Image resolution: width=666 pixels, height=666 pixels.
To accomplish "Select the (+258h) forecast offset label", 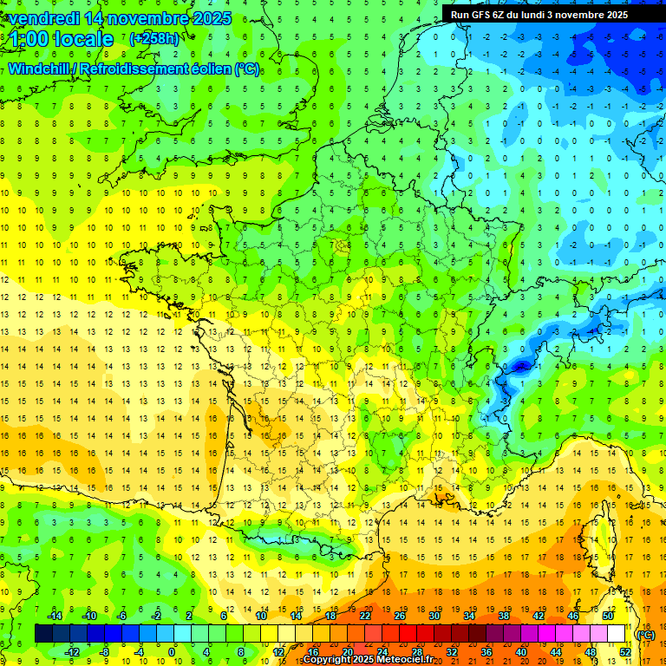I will pyautogui.click(x=154, y=39).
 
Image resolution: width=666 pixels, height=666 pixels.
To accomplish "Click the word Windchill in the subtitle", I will pyautogui.click(x=40, y=69).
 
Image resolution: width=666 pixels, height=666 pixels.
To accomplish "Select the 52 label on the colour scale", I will pyautogui.click(x=625, y=651).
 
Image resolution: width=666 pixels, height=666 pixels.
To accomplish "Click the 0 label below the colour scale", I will pyautogui.click(x=172, y=651).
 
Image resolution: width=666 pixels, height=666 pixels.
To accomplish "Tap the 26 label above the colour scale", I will pyautogui.click(x=400, y=616).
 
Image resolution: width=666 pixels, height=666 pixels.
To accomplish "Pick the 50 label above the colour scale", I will pyautogui.click(x=608, y=616).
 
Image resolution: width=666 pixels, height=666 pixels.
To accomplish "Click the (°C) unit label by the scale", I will pyautogui.click(x=646, y=634).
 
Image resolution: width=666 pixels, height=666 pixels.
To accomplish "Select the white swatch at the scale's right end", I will pyautogui.click(x=617, y=634).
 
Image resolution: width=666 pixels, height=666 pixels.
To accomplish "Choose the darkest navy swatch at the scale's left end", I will pyautogui.click(x=43, y=634).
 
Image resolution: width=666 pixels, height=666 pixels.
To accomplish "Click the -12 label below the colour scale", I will pyautogui.click(x=72, y=651).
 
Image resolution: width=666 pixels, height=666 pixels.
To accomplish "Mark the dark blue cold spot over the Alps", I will pyautogui.click(x=519, y=367).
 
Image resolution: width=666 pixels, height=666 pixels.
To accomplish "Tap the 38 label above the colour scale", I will pyautogui.click(x=504, y=616).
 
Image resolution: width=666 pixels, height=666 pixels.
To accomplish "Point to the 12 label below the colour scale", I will pyautogui.click(x=278, y=651).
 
